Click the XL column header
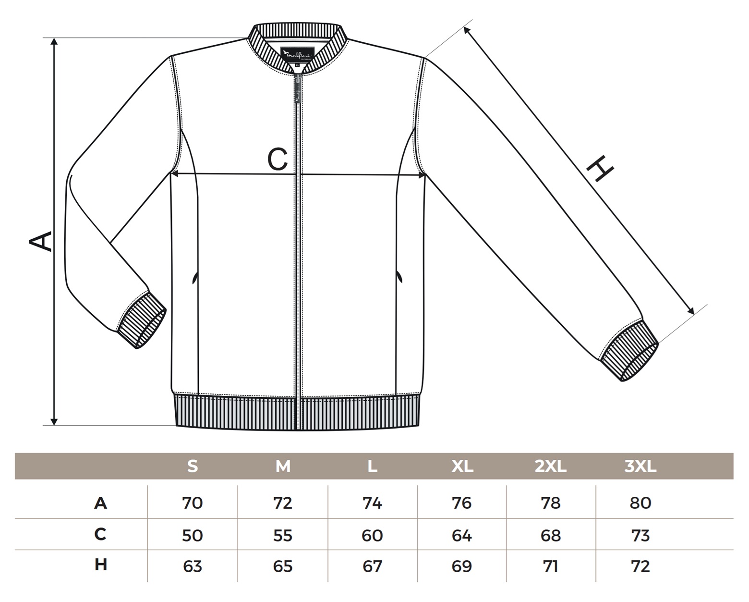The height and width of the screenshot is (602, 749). coord(462,466)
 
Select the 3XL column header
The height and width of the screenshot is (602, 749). coord(640,466)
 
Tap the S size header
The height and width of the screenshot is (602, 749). coord(193,466)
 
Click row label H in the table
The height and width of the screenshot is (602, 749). coord(100,565)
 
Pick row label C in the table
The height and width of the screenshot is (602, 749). coord(100,534)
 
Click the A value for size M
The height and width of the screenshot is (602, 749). coord(282,503)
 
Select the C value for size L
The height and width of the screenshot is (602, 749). coord(372,535)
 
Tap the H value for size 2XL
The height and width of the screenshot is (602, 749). coord(550,566)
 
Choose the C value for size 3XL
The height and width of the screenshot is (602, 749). coord(640,535)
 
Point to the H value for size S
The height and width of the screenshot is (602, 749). coord(193,566)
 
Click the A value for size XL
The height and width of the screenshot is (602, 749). coord(462,503)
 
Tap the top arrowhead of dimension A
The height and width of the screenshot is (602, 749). coord(54,42)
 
